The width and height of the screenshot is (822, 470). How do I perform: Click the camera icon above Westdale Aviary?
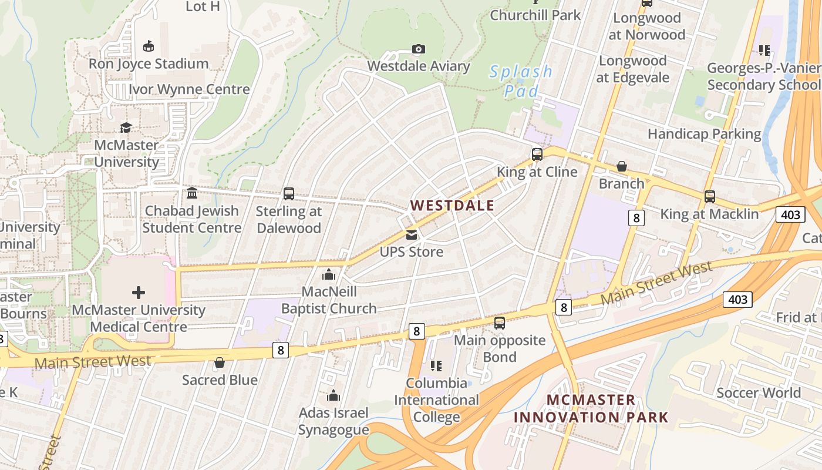418,49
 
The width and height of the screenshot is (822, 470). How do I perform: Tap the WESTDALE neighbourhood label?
452,206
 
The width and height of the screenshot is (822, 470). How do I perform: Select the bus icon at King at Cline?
537,155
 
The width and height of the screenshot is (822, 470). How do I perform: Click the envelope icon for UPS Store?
412,235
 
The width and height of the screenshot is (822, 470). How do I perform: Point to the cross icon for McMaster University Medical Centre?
139,292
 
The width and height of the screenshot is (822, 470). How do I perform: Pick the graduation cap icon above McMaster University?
126,127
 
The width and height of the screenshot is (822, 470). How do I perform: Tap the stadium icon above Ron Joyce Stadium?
149,46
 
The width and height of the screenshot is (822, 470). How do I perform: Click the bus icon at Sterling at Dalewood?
288,194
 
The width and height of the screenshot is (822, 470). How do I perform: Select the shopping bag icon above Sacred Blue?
220,363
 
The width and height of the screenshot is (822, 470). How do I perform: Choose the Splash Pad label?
521,81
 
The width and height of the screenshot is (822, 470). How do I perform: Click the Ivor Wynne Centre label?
189,89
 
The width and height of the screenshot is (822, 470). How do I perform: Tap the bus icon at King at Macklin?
709,197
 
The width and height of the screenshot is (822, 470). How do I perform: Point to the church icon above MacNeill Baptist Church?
329,274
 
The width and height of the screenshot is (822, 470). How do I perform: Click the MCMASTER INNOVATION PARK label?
591,409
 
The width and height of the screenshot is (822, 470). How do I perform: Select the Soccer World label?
759,392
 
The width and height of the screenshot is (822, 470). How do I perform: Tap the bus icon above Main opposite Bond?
499,323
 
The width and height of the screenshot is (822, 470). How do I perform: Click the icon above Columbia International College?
436,366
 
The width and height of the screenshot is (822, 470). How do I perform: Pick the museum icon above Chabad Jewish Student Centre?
192,193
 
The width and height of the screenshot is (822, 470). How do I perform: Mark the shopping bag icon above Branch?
621,167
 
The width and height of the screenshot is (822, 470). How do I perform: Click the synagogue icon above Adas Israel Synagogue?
333,395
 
